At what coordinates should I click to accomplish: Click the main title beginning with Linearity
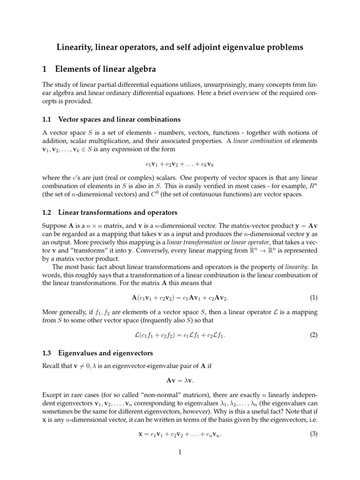point(180,47)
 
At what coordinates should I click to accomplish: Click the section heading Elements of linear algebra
point(105,69)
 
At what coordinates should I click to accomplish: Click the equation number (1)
point(314,298)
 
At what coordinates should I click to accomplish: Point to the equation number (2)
point(314,335)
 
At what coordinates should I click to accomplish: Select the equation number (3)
point(314,434)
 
